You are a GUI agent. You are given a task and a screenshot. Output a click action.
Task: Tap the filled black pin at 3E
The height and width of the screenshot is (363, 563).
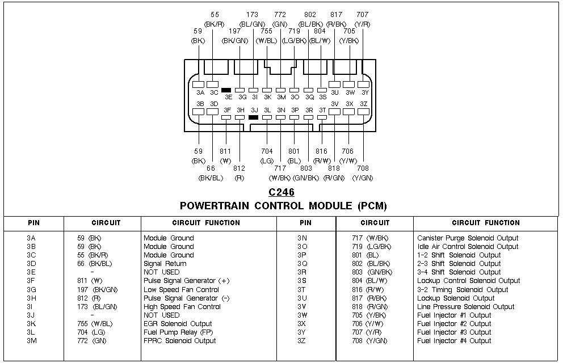(226, 90)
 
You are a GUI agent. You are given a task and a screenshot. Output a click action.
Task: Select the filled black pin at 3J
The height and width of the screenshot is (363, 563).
(254, 117)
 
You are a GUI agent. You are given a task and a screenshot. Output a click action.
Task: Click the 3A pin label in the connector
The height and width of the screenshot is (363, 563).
(200, 92)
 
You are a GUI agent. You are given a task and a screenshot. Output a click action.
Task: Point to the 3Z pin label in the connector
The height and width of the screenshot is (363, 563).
(364, 104)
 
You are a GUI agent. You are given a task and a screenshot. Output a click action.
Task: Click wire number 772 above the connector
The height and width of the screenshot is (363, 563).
(280, 14)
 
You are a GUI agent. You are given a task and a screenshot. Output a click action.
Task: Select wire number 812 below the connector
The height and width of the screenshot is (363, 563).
(239, 168)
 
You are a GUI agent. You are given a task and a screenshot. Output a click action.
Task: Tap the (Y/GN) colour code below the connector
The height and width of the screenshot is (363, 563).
(362, 178)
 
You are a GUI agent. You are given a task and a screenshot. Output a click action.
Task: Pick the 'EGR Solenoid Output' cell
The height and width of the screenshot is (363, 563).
(178, 324)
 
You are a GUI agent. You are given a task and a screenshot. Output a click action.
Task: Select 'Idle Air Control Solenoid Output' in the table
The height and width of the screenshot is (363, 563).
(468, 247)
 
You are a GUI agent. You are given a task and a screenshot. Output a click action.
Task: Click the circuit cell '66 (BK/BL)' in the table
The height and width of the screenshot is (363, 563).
(95, 264)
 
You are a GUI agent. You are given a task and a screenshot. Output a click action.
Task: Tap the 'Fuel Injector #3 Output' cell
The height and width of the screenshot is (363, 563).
(454, 332)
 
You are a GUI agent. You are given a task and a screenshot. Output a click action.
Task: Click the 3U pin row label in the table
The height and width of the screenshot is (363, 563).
(302, 298)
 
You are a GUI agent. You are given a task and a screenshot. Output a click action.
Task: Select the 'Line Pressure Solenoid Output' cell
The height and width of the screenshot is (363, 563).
(465, 307)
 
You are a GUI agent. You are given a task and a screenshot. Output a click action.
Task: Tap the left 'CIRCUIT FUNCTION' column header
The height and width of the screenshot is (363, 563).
(206, 223)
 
